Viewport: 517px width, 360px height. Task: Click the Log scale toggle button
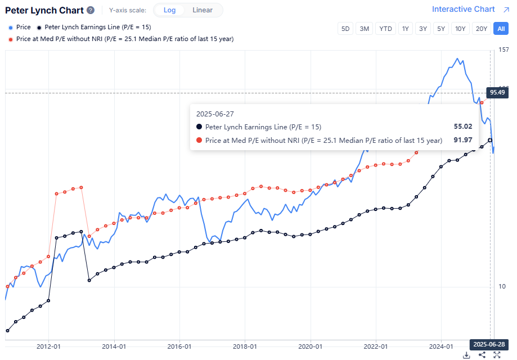(x=169, y=10)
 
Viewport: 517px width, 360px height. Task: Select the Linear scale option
(x=203, y=10)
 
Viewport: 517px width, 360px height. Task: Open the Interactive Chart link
(x=463, y=9)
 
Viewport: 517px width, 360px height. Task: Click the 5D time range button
(x=345, y=29)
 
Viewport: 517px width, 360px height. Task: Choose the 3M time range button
(x=365, y=29)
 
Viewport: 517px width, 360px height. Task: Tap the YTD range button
(x=385, y=29)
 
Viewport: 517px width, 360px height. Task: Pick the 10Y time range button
(x=460, y=29)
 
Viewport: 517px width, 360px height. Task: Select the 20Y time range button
(x=480, y=29)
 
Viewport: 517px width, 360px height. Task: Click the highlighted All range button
(x=500, y=29)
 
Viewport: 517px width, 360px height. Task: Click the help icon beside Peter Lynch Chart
(x=91, y=10)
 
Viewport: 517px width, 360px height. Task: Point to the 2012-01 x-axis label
(x=48, y=346)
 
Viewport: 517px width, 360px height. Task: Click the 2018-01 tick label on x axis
(x=245, y=346)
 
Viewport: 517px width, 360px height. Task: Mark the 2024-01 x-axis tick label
(x=441, y=346)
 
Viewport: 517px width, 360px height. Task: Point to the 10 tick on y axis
(x=502, y=286)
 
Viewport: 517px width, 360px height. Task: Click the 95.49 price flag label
(x=497, y=92)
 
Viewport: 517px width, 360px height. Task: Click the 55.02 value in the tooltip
(x=462, y=127)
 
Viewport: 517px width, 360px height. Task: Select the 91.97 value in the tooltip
(x=462, y=140)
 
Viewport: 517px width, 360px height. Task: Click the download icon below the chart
(x=466, y=355)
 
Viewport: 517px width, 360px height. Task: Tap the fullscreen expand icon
(x=497, y=355)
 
